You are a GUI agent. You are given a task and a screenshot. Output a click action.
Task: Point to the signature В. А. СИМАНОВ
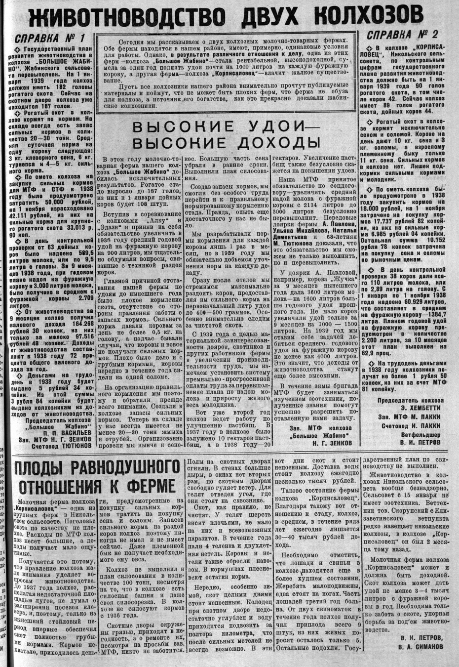[x=421, y=646]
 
